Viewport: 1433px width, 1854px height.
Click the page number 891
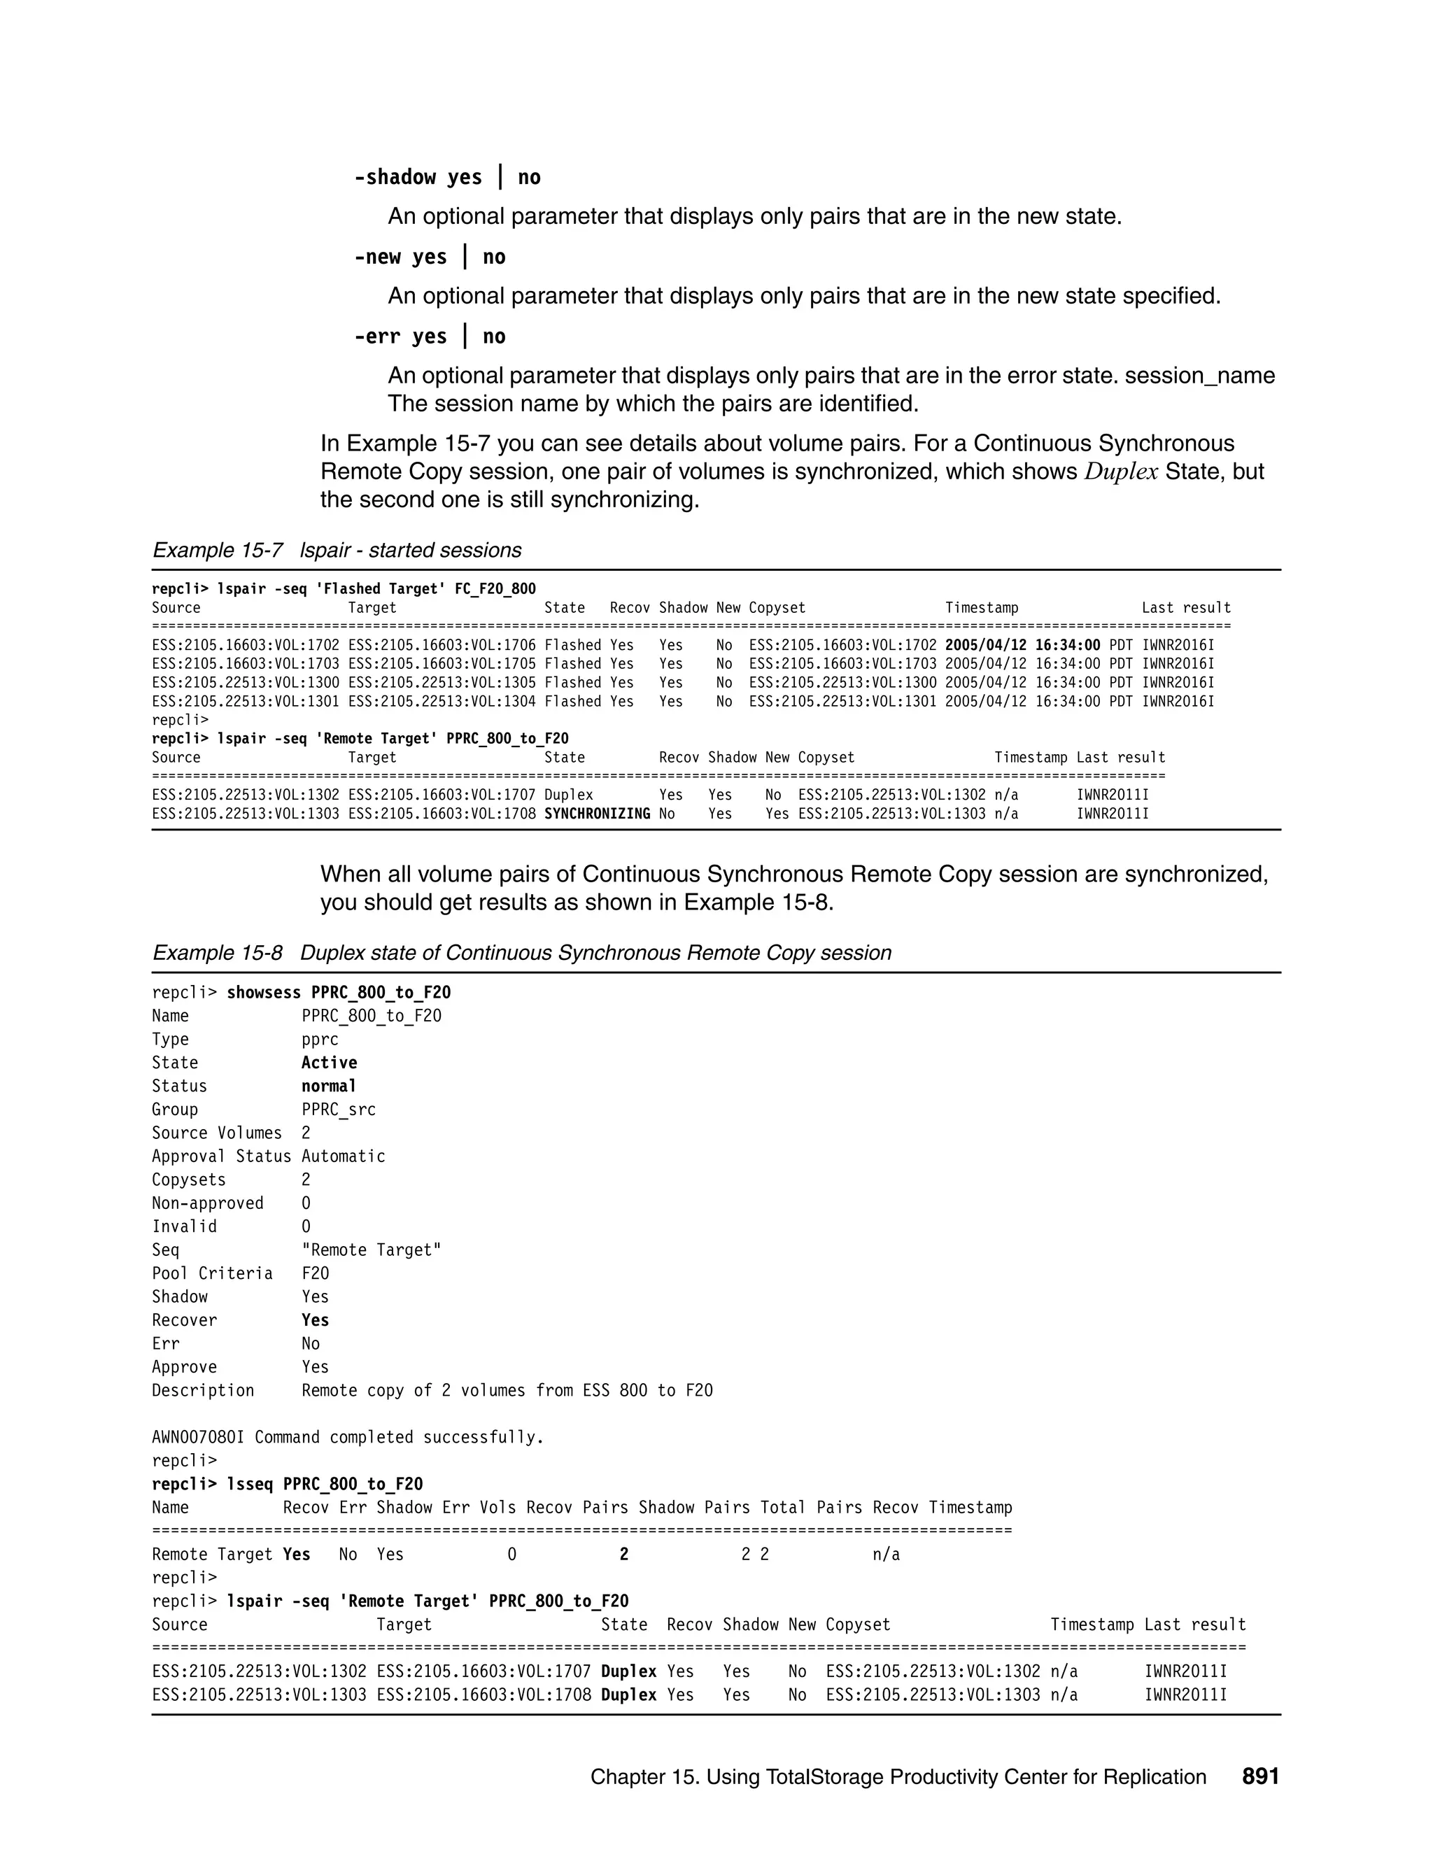pyautogui.click(x=1259, y=1777)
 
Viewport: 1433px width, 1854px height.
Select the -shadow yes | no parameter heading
pyautogui.click(x=447, y=178)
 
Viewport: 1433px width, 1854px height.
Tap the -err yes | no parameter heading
pyautogui.click(x=430, y=337)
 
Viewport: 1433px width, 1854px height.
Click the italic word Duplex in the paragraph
pyautogui.click(x=1121, y=472)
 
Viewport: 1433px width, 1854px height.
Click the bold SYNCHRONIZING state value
pyautogui.click(x=597, y=814)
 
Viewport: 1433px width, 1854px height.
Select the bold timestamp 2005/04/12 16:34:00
pyautogui.click(x=1022, y=645)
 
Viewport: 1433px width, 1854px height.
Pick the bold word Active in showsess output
pyautogui.click(x=329, y=1063)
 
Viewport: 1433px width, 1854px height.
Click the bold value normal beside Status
pyautogui.click(x=329, y=1087)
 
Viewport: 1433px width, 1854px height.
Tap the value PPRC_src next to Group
pyautogui.click(x=338, y=1110)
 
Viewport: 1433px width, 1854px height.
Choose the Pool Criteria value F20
pyautogui.click(x=315, y=1273)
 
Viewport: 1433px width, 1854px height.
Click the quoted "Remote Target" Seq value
pyautogui.click(x=371, y=1250)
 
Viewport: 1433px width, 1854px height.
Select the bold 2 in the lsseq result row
pyautogui.click(x=624, y=1555)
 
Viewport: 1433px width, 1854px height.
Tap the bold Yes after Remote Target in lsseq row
pyautogui.click(x=296, y=1555)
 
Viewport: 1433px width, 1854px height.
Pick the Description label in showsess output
pyautogui.click(x=203, y=1391)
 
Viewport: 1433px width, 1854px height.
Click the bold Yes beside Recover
pyautogui.click(x=315, y=1320)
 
